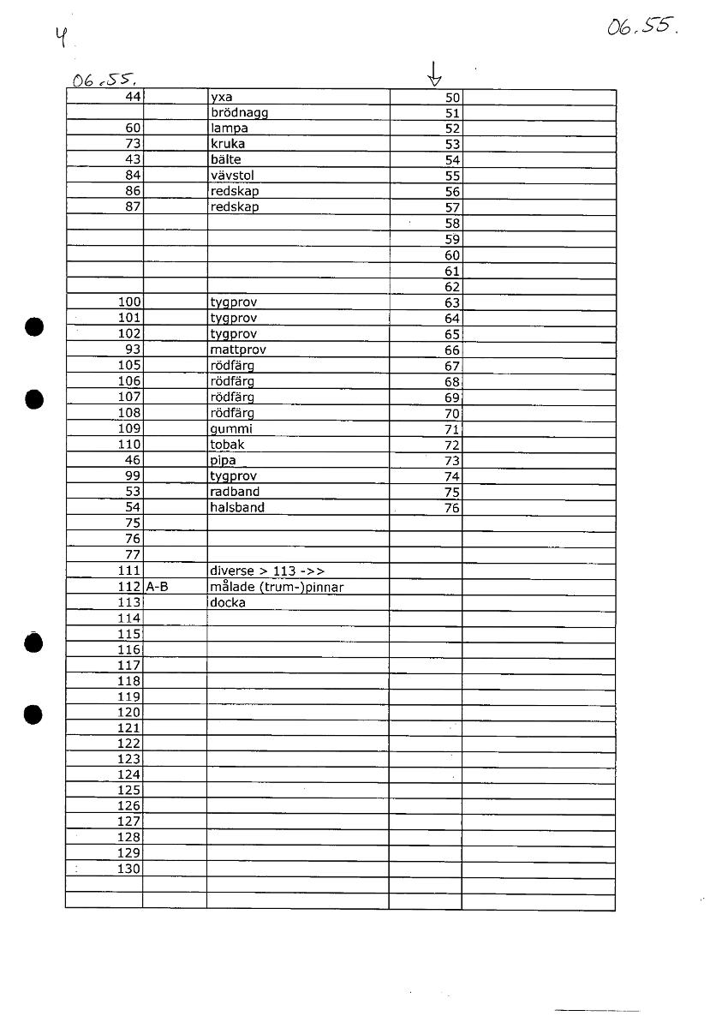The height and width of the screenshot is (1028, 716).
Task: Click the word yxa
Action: (221, 98)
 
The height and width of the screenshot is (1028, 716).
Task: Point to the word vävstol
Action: (232, 176)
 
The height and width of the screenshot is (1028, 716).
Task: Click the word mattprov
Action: (237, 350)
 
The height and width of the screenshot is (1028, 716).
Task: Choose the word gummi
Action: (231, 428)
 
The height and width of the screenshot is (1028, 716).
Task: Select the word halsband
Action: (237, 507)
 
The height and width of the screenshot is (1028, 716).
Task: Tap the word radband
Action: (235, 492)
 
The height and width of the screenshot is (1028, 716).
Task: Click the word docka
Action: (228, 602)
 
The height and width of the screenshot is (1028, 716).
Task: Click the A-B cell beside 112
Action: (158, 587)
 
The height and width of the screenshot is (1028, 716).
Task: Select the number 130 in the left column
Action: (128, 869)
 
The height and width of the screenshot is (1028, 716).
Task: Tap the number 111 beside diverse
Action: (128, 571)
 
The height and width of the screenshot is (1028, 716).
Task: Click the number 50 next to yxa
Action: (453, 98)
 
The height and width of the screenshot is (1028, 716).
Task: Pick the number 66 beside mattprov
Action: (453, 350)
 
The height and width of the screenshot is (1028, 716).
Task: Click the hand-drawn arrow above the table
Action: (435, 75)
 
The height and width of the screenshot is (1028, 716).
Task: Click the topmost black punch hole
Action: (33, 326)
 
